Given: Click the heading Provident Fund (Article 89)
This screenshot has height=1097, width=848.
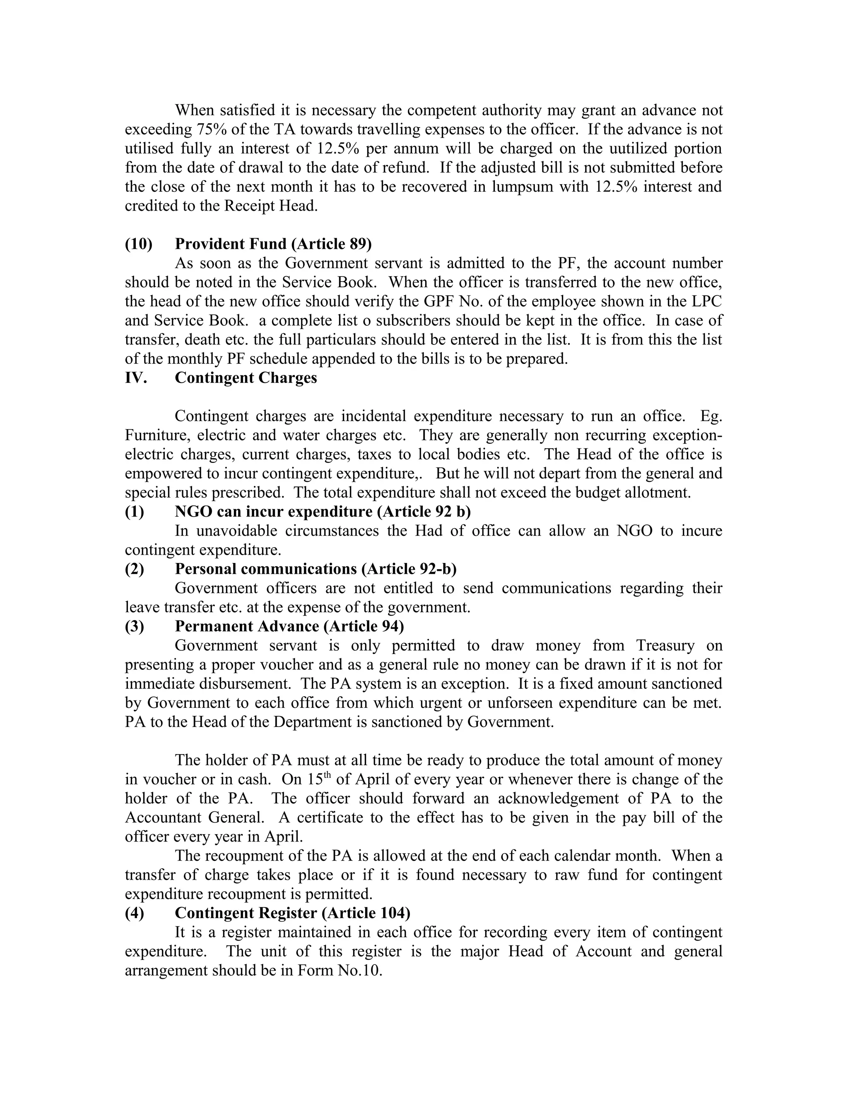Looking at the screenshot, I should pyautogui.click(x=273, y=244).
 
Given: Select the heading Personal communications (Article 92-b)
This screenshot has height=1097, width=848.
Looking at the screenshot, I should pyautogui.click(x=316, y=569).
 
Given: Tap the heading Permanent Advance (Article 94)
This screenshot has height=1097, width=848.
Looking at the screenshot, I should pyautogui.click(x=289, y=626).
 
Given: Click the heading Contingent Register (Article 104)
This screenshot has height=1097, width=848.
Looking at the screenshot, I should pyautogui.click(x=292, y=913).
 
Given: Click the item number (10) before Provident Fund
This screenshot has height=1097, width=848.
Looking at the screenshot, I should pyautogui.click(x=138, y=244).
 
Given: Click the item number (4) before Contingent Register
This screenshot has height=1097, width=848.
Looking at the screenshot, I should pyautogui.click(x=134, y=913).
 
